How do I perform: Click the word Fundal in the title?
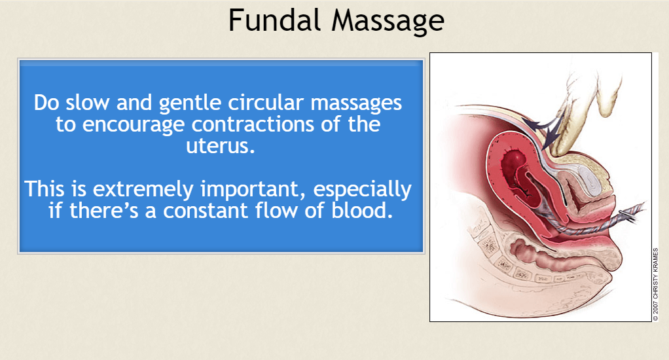(x=274, y=20)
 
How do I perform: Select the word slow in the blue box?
(x=88, y=102)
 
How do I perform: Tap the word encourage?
(x=134, y=125)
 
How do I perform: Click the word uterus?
(x=220, y=146)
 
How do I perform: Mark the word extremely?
(x=143, y=190)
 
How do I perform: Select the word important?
(x=253, y=190)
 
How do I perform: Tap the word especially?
(x=363, y=190)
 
